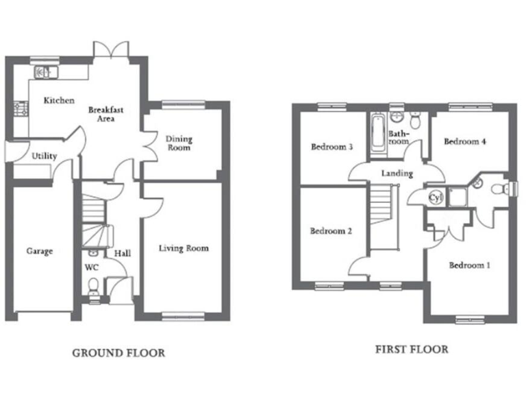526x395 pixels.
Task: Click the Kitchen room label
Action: coord(59,101)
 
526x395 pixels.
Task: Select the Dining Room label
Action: coord(179,143)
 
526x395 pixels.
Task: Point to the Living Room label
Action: coord(184,248)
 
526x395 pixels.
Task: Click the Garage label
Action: coord(40,252)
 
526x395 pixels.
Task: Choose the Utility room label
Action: coord(44,156)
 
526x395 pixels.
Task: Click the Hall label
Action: coord(123,254)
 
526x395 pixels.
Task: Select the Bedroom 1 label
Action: coord(468,265)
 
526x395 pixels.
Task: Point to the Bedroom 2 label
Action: coord(331,231)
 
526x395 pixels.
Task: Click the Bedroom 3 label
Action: coord(331,147)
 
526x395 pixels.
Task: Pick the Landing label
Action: coord(397,173)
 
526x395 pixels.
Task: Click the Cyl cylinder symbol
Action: coord(435,197)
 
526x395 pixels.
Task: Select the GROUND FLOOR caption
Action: coord(118,353)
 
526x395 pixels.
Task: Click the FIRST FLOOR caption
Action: coord(411,349)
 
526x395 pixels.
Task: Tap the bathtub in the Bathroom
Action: coord(377,132)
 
